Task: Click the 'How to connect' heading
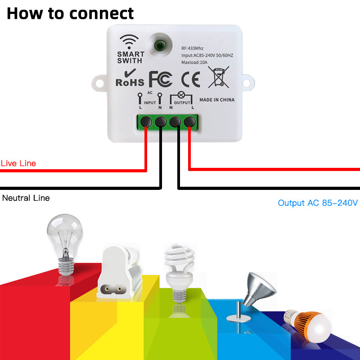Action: point(70,13)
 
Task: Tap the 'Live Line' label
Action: point(18,163)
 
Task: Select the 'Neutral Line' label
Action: point(26,198)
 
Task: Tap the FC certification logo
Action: point(161,78)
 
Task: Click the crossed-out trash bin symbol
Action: point(219,76)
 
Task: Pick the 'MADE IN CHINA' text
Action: point(216,99)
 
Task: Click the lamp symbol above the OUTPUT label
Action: point(182,94)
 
